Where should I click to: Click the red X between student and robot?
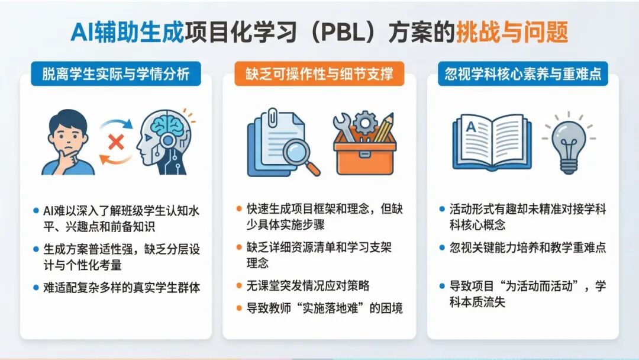(117, 142)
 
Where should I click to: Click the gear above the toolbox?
(366, 122)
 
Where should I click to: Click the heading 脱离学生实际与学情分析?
(116, 74)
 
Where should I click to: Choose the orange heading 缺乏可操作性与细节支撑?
(319, 74)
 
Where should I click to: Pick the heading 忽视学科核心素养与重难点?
(523, 74)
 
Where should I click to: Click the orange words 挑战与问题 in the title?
(512, 32)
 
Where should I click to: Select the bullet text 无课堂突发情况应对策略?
(308, 285)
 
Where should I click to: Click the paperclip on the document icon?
(273, 116)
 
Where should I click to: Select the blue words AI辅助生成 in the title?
(127, 32)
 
